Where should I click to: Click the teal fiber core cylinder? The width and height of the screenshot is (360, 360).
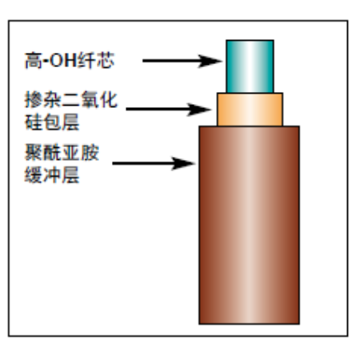pos(250,66)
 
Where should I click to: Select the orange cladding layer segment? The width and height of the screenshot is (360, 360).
pos(250,110)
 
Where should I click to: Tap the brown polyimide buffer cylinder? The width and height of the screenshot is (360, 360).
pos(250,225)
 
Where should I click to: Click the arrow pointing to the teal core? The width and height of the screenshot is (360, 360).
pos(182,61)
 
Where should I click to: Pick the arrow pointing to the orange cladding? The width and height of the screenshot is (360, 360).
pos(169,110)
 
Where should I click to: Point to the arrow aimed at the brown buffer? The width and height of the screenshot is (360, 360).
pos(154,163)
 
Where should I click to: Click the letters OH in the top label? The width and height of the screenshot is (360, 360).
pos(63,60)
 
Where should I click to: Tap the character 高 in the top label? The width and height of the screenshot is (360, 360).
pos(33,61)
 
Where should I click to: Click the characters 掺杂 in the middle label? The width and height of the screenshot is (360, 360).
pos(42,100)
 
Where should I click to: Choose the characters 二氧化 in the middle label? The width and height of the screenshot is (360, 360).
pos(90,100)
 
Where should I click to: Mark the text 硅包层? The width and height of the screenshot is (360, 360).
pos(52,122)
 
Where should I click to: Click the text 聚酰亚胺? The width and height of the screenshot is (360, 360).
pos(62,153)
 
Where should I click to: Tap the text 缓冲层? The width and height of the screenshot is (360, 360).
pos(52,175)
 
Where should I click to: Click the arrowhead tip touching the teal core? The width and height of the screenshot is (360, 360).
pos(222,61)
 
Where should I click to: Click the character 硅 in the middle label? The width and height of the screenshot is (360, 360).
pos(34,122)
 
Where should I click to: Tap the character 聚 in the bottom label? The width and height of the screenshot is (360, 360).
pos(34,153)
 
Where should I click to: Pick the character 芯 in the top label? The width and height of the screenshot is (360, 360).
pos(106,61)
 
